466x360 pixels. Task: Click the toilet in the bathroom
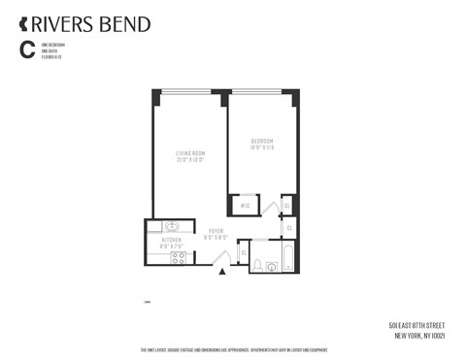pos(256,263)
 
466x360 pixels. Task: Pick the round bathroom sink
pos(257,248)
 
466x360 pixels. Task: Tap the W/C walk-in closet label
pos(245,205)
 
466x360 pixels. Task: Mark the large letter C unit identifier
pos(24,49)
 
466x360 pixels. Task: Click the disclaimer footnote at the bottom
pos(233,349)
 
